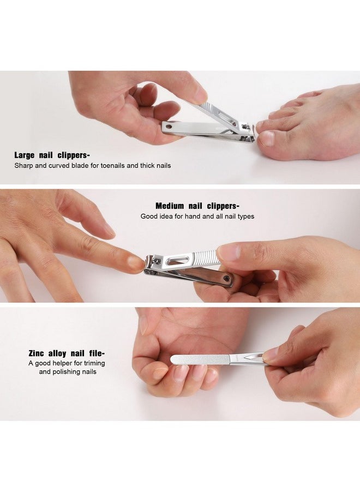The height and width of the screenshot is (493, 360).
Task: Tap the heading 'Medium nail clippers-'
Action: (x=197, y=206)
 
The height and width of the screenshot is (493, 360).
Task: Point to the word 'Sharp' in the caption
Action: (x=23, y=165)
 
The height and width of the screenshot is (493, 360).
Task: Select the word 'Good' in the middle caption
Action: (x=149, y=217)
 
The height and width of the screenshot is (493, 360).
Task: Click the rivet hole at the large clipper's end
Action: (x=168, y=127)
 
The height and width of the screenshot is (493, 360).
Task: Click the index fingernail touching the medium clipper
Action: (x=137, y=262)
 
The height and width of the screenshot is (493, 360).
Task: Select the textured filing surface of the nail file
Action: (x=199, y=359)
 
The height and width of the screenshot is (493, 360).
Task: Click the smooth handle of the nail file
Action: (x=245, y=358)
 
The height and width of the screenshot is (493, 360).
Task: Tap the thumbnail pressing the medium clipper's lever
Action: (x=229, y=251)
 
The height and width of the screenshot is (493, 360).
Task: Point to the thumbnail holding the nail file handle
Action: (x=272, y=355)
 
